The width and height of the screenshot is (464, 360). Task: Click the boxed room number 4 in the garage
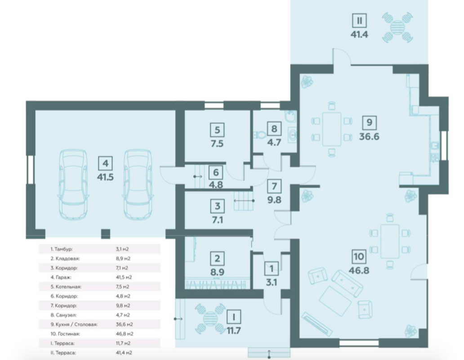click(x=105, y=163)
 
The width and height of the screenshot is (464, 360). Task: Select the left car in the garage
click(x=73, y=185)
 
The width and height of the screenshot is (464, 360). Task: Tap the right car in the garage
click(x=138, y=185)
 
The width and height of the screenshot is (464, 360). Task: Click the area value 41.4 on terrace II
click(x=359, y=34)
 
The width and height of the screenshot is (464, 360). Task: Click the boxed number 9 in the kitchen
click(x=369, y=122)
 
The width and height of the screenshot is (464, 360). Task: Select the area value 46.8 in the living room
click(x=359, y=270)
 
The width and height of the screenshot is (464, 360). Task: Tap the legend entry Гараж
click(x=61, y=277)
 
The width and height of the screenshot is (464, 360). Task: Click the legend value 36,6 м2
click(x=124, y=324)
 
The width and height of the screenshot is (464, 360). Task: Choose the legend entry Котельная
click(x=66, y=287)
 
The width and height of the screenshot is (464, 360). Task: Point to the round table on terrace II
click(x=397, y=27)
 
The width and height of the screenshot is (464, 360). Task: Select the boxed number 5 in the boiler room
click(x=217, y=130)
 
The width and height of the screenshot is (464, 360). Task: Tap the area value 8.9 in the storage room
click(x=217, y=272)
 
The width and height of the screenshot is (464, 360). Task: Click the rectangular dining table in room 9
click(x=332, y=129)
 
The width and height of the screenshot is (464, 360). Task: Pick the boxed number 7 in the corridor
click(x=274, y=186)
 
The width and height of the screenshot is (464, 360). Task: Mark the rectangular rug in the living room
click(x=335, y=301)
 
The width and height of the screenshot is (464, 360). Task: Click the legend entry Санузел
click(x=63, y=315)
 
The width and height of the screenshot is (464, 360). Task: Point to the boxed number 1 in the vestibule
click(x=272, y=269)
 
